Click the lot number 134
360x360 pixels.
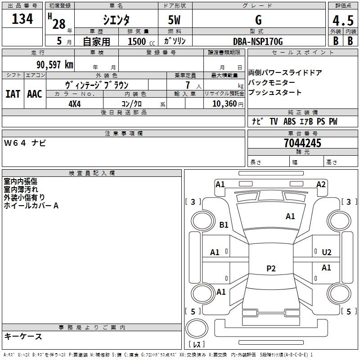click(x=22, y=19)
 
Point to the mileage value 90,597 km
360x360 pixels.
click(x=54, y=64)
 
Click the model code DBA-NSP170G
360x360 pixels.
click(x=258, y=41)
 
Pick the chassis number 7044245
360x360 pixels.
click(x=302, y=143)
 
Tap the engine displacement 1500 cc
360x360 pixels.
click(x=137, y=41)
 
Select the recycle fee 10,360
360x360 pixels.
click(x=224, y=104)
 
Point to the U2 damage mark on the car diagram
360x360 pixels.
click(x=327, y=252)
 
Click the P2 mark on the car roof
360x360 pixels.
click(x=271, y=269)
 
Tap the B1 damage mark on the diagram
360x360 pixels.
click(x=224, y=225)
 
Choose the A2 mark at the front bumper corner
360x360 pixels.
click(x=321, y=184)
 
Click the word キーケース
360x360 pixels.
click(x=23, y=336)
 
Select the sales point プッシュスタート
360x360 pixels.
click(x=274, y=93)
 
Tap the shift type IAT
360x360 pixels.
click(x=13, y=94)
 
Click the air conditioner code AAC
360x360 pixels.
click(x=34, y=94)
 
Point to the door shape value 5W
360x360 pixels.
click(x=175, y=20)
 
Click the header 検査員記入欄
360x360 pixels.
click(x=92, y=173)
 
